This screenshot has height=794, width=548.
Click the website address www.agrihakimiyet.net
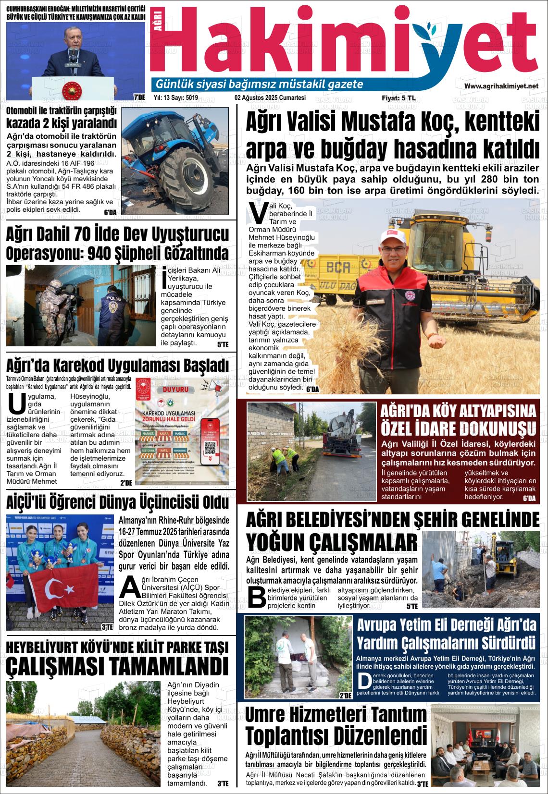(501, 86)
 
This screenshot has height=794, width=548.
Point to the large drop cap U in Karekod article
(17, 403)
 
